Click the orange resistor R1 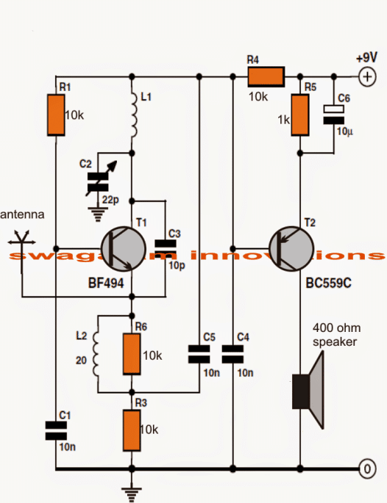(56, 115)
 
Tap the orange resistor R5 (300, 115)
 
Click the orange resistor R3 (131, 431)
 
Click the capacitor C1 (55, 431)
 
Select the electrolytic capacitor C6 (335, 112)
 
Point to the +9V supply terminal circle (366, 76)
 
